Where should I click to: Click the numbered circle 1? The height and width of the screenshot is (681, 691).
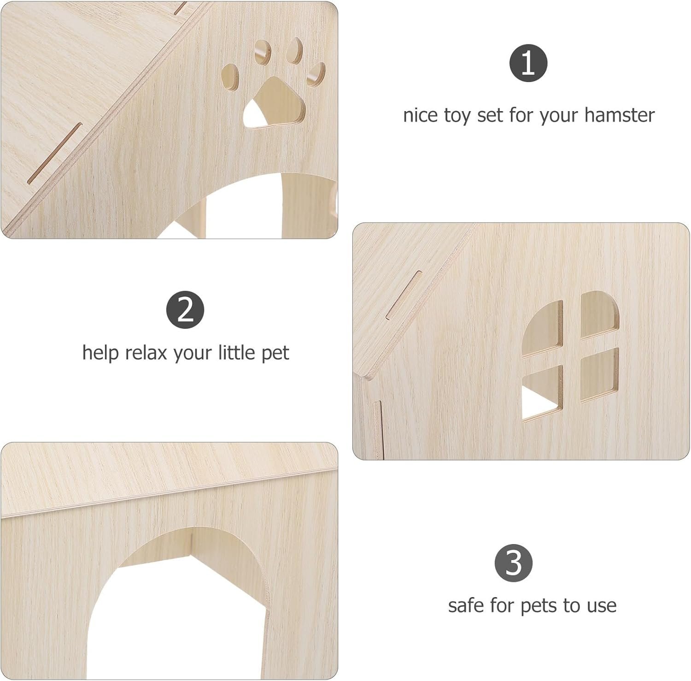tap(528, 63)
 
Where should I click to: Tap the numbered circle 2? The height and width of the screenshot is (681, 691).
tap(185, 310)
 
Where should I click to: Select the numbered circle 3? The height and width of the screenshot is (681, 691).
tap(514, 563)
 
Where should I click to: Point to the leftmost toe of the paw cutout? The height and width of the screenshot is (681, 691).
tap(231, 76)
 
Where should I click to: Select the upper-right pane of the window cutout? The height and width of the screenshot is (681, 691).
tap(599, 315)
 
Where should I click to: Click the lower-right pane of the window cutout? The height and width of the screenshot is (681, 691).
tap(600, 374)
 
